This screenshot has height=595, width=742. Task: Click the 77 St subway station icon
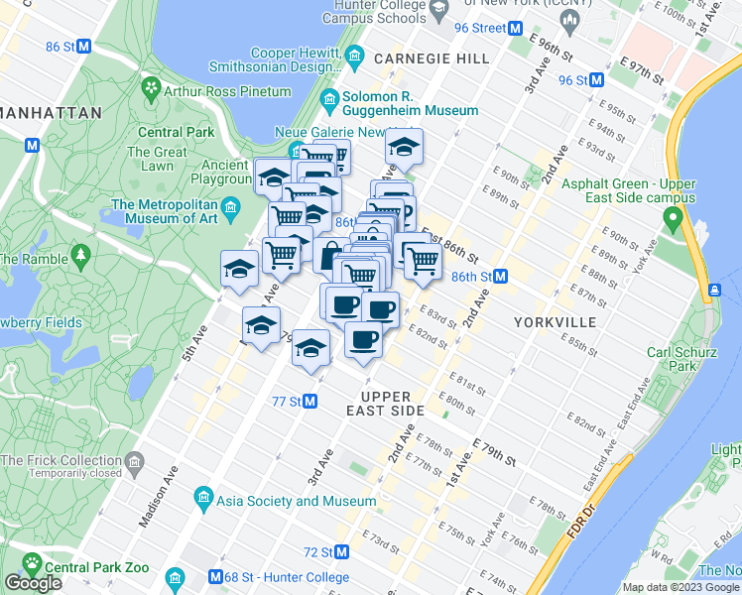(310, 402)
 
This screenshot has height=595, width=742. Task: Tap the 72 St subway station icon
(342, 551)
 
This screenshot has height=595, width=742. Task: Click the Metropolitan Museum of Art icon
(232, 206)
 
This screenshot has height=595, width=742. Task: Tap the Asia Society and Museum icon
(203, 496)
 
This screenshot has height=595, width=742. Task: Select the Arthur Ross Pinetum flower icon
(152, 90)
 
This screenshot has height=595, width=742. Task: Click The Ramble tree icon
(81, 256)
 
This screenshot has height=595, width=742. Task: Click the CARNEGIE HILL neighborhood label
(433, 59)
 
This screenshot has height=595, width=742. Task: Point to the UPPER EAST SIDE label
(386, 404)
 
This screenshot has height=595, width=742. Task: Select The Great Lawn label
(157, 160)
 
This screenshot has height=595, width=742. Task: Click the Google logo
(34, 583)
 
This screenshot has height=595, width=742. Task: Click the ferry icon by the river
(713, 291)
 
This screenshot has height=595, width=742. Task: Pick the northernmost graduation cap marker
(404, 148)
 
